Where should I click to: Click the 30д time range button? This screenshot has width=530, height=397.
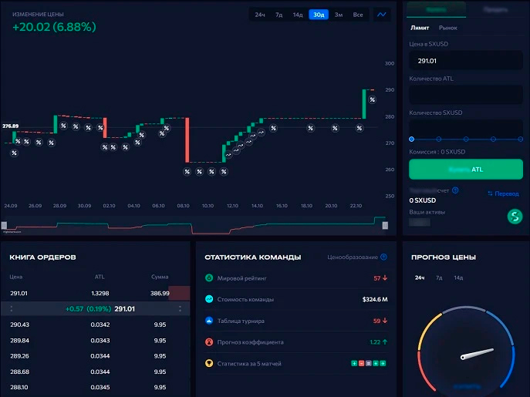(x=318, y=15)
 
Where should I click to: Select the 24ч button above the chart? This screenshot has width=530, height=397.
(x=260, y=15)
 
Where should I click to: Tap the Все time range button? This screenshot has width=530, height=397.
(x=358, y=15)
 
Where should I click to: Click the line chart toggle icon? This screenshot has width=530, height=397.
(x=382, y=15)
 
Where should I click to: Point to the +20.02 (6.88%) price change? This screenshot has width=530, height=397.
(x=54, y=27)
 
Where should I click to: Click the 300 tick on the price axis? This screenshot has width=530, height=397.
(x=389, y=63)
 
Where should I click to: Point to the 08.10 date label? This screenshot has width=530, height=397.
(x=183, y=206)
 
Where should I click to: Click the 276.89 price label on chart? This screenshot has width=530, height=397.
(x=11, y=126)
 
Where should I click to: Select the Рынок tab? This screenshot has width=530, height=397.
(x=447, y=28)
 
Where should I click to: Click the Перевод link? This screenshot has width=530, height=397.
(x=503, y=193)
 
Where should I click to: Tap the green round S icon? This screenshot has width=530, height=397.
(x=515, y=217)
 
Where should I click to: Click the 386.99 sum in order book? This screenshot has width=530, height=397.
(x=160, y=293)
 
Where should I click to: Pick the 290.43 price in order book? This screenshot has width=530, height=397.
(x=19, y=325)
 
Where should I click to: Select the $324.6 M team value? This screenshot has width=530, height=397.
(x=374, y=299)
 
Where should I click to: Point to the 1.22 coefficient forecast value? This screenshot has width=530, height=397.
(x=375, y=341)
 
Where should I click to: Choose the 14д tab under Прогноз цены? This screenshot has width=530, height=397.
(x=458, y=278)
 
